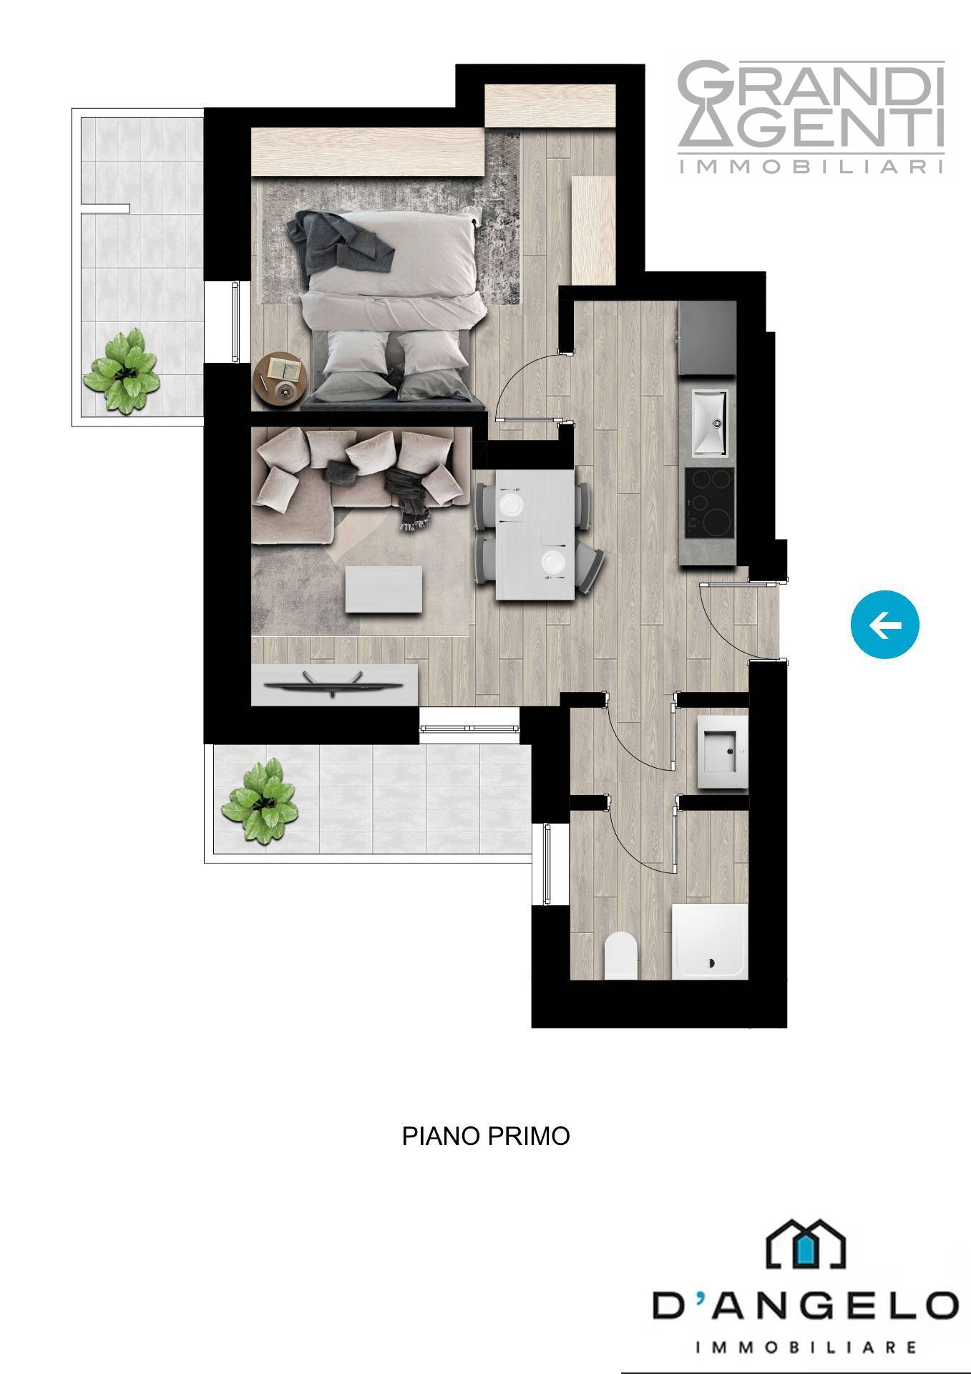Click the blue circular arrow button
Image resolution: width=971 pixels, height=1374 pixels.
click(884, 625)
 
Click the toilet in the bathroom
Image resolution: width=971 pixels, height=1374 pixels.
click(621, 955)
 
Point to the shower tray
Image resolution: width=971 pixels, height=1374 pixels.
click(710, 941)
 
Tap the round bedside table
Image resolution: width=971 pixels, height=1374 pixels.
click(281, 380)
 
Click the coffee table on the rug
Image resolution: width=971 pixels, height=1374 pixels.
click(384, 588)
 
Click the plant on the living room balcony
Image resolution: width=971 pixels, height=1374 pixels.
click(259, 800)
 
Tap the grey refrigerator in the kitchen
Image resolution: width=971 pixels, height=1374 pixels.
click(707, 338)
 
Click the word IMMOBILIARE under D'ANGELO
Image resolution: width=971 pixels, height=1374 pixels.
click(806, 1348)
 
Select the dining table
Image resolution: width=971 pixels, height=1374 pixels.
click(535, 534)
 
